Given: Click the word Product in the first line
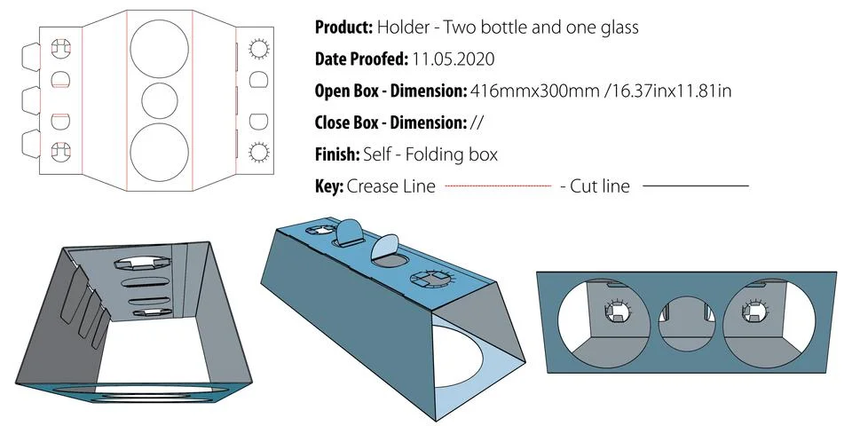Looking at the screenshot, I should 343,28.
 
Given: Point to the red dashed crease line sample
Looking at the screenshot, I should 497,186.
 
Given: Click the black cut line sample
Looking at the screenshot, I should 695,186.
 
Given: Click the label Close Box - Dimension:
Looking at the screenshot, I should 390,122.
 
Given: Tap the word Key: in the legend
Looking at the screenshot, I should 328,186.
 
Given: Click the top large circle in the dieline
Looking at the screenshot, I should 159,45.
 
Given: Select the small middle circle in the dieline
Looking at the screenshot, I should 160,101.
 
